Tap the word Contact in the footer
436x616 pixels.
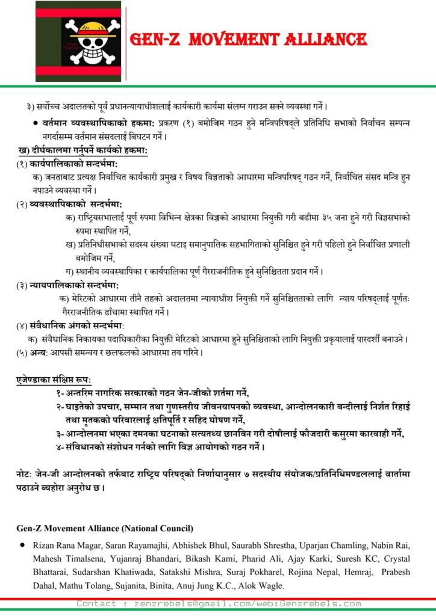point(96,603)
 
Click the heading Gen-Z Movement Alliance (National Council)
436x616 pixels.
point(105,528)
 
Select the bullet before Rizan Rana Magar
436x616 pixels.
point(23,545)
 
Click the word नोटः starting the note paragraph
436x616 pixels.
point(27,475)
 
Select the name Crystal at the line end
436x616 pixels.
point(396,559)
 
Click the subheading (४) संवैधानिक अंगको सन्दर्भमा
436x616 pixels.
point(70,325)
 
